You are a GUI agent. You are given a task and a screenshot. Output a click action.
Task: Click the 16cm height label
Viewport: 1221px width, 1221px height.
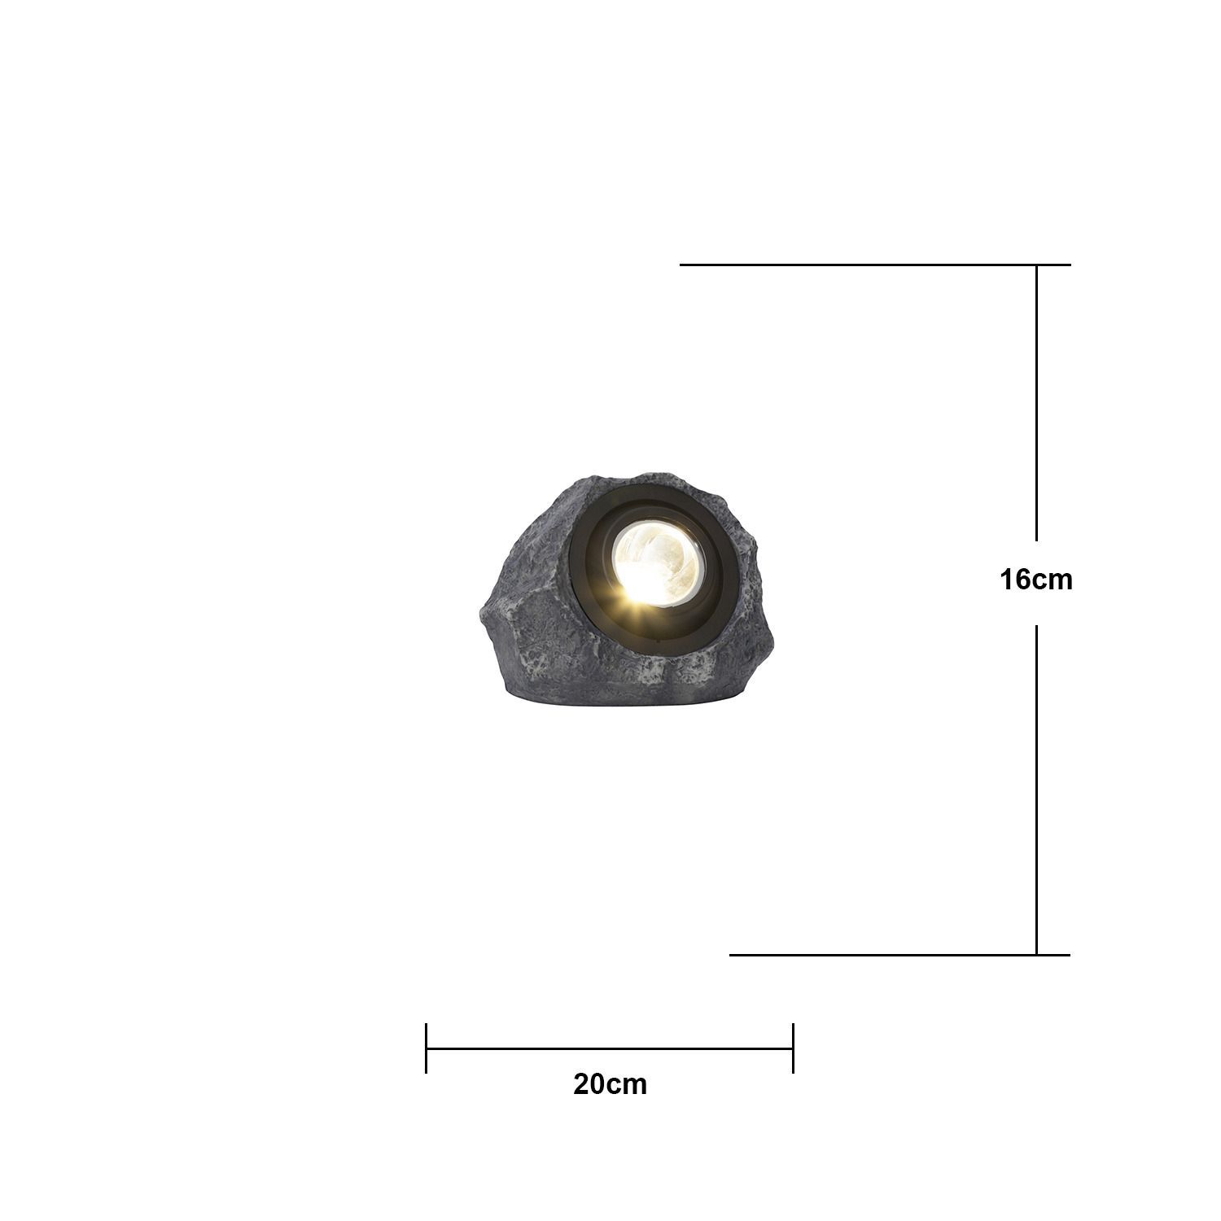(x=1036, y=580)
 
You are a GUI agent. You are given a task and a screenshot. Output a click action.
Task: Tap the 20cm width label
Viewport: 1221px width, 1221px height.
(x=610, y=1084)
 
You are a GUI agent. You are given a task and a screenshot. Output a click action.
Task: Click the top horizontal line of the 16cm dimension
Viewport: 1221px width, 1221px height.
(x=875, y=265)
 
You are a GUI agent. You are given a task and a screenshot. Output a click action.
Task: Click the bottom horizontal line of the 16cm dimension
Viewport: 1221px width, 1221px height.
(x=899, y=955)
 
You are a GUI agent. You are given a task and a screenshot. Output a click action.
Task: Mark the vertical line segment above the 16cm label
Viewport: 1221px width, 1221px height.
(x=1036, y=403)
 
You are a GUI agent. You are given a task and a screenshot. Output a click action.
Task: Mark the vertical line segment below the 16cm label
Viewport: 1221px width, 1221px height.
(x=1036, y=790)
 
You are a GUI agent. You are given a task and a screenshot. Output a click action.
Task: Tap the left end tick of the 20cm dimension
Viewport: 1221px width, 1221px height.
(x=427, y=1048)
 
